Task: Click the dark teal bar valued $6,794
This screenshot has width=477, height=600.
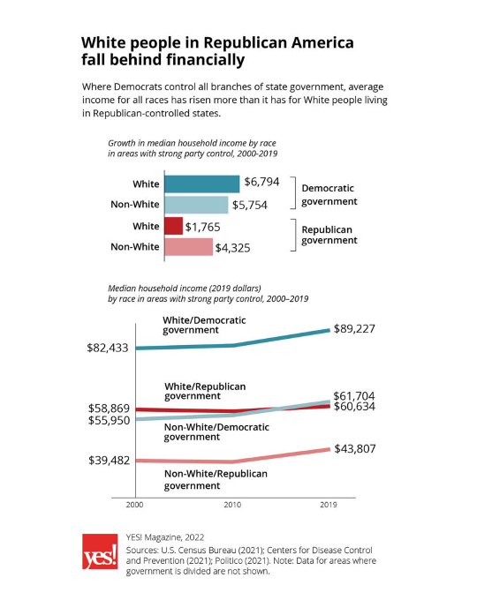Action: click(x=201, y=184)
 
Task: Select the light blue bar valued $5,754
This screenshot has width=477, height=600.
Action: click(x=195, y=205)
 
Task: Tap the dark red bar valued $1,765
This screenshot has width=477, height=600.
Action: click(x=173, y=226)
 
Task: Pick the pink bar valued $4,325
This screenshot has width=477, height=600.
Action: click(x=188, y=247)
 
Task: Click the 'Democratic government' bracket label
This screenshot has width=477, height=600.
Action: click(x=329, y=195)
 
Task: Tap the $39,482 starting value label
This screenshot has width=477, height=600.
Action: click(x=109, y=461)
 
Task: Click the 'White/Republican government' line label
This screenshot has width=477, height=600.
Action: click(x=205, y=392)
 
